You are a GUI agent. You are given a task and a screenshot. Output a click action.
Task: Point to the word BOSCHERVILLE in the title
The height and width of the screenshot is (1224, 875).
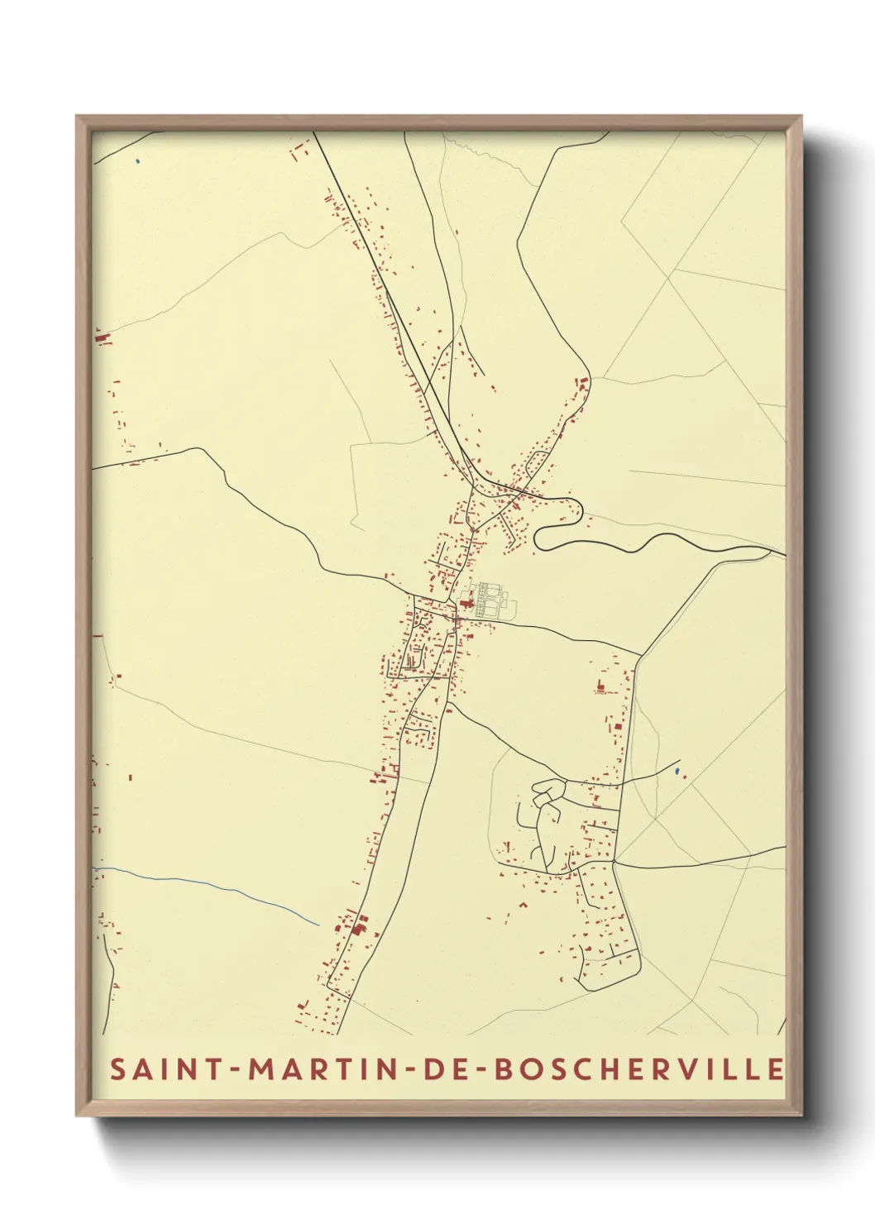tap(638, 1069)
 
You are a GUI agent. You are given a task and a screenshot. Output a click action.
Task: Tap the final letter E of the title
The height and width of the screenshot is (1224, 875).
tap(775, 1069)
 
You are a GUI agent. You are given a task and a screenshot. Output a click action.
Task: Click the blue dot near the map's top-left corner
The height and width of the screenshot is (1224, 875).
tap(138, 160)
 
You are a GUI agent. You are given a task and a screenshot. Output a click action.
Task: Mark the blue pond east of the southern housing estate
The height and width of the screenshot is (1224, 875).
tap(677, 772)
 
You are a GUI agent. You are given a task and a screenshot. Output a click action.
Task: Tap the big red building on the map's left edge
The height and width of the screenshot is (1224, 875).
tap(103, 337)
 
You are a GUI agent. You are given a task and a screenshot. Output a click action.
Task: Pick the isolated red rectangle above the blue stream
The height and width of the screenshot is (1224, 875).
tap(130, 777)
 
